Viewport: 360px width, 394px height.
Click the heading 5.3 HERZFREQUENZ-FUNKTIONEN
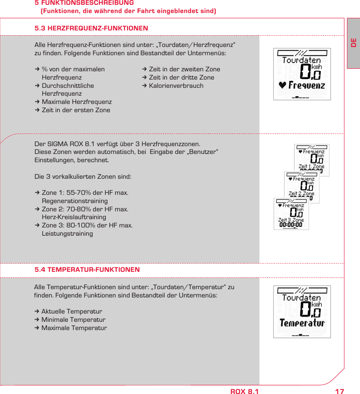pyautogui.click(x=91, y=28)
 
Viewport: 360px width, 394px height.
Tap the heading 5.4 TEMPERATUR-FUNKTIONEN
pyautogui.click(x=87, y=270)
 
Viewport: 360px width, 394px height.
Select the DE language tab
pyautogui.click(x=353, y=43)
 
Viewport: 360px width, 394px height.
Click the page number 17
pyautogui.click(x=340, y=391)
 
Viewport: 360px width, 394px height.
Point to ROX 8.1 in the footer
pyautogui.click(x=244, y=391)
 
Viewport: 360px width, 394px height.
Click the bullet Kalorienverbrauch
pyautogui.click(x=176, y=86)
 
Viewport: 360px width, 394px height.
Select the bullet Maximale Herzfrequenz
pyautogui.click(x=77, y=102)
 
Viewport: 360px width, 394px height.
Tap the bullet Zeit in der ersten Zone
pyautogui.click(x=76, y=110)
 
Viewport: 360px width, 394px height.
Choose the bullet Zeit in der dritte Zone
pyautogui.click(x=181, y=77)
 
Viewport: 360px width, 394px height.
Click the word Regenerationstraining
pyautogui.click(x=74, y=201)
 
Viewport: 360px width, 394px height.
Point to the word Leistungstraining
pyautogui.click(x=67, y=234)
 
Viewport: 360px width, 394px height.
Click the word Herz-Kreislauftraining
pyautogui.click(x=74, y=217)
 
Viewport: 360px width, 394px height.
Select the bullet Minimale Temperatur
pyautogui.click(x=73, y=320)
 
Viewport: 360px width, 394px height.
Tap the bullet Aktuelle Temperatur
pyautogui.click(x=71, y=311)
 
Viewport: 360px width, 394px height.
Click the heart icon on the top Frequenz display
pyautogui.click(x=283, y=85)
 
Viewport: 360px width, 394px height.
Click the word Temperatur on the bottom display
pyautogui.click(x=302, y=323)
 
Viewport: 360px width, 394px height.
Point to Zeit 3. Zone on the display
pyautogui.click(x=291, y=220)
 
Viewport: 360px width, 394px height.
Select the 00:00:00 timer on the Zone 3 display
pyautogui.click(x=291, y=225)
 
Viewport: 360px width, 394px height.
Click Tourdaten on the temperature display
pyautogui.click(x=302, y=298)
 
